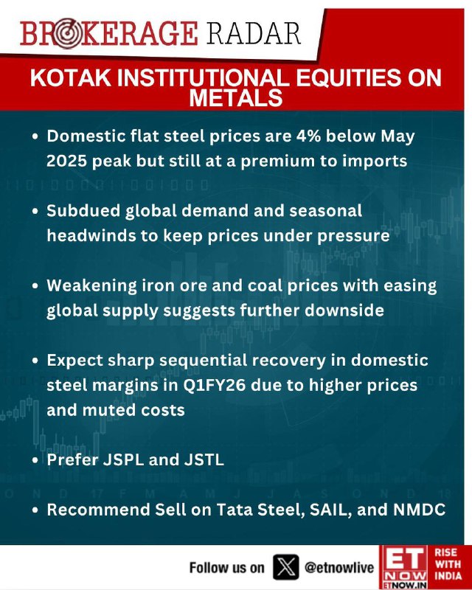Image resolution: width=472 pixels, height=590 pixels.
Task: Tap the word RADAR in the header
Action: click(253, 33)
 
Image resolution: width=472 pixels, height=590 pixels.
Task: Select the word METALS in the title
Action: click(235, 98)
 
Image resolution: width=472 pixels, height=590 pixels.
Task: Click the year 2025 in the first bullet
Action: click(66, 161)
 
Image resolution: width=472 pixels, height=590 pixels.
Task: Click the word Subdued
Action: click(83, 211)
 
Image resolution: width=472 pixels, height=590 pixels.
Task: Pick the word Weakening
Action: click(92, 286)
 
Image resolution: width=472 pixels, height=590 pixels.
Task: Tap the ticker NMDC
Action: click(420, 510)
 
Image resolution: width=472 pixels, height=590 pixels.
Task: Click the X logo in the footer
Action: click(286, 566)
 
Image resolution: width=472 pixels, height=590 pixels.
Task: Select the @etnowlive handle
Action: click(339, 567)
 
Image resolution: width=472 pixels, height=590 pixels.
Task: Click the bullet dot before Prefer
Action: click(35, 460)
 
